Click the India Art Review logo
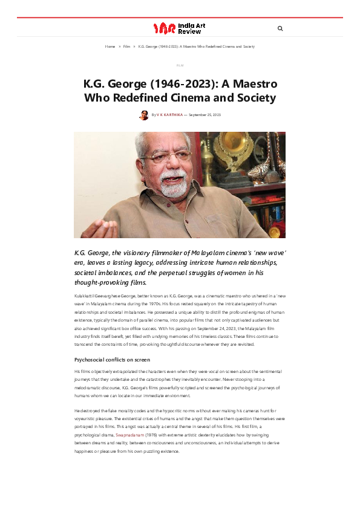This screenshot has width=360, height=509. [179, 28]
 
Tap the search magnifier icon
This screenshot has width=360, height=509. [280, 28]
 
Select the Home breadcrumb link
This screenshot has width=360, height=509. [110, 47]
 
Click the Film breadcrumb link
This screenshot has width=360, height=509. [126, 47]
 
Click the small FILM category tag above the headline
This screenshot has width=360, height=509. [180, 65]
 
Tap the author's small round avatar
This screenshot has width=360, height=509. [143, 115]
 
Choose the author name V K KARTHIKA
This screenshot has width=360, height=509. [170, 115]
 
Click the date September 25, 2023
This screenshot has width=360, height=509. [205, 115]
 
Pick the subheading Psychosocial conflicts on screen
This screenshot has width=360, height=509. [112, 360]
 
